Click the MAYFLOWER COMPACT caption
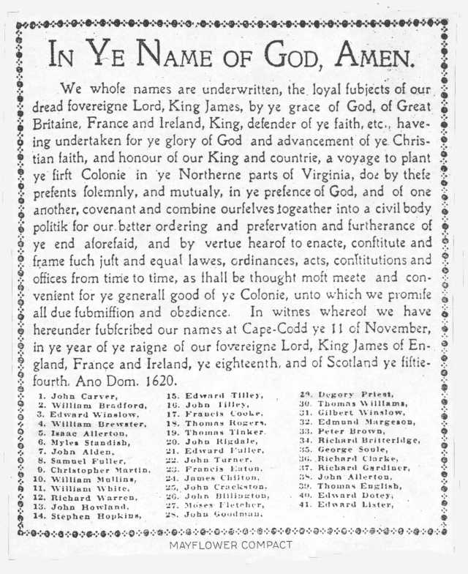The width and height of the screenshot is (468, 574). tap(230, 545)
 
